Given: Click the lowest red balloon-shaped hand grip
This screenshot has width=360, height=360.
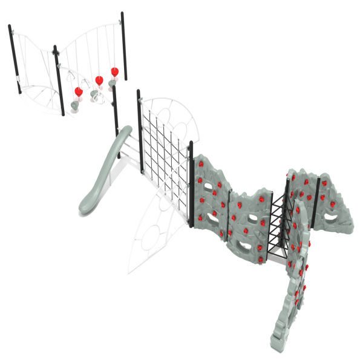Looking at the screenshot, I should tap(78, 92).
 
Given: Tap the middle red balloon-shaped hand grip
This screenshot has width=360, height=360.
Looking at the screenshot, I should tap(99, 80).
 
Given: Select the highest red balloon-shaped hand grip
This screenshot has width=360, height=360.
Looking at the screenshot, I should tap(114, 72).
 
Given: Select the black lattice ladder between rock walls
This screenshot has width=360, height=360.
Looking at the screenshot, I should tap(279, 224).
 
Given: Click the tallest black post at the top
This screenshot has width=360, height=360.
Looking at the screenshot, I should tap(123, 45).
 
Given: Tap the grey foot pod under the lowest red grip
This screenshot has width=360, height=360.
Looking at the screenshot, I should tap(74, 106).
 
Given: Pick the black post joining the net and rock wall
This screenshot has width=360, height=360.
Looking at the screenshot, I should tap(192, 185).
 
